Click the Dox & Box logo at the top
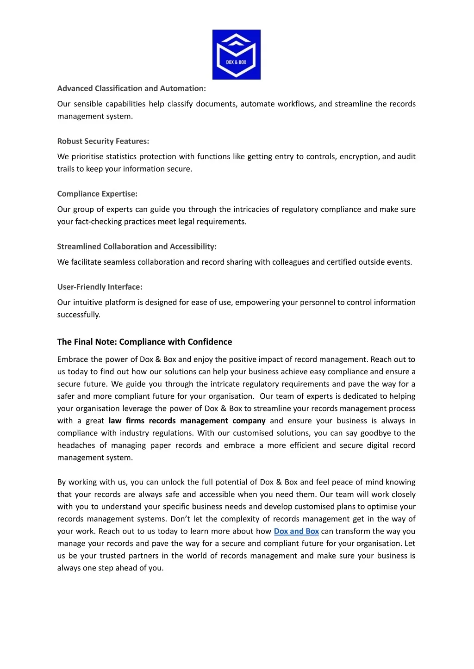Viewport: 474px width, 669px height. click(236, 55)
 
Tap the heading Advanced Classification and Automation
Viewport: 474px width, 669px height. click(131, 88)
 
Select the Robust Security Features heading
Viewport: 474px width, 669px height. click(103, 141)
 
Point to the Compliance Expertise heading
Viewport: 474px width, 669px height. click(97, 194)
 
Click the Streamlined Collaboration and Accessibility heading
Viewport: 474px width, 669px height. click(137, 247)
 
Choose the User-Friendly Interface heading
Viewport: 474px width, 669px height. click(100, 287)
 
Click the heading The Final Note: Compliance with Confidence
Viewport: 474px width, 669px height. click(144, 342)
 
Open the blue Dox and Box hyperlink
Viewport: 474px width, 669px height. click(296, 531)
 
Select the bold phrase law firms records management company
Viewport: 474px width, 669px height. click(187, 421)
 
